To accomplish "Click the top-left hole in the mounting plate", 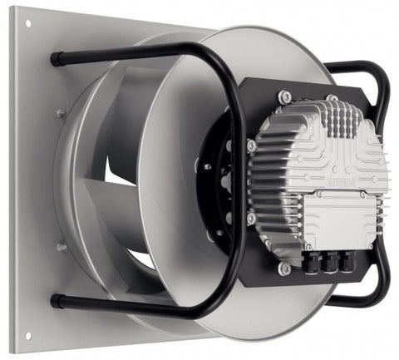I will [x=27, y=22].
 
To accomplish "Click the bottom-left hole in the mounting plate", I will [x=27, y=336].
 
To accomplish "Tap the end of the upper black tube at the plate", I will [x=56, y=60].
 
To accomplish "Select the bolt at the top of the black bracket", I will [x=286, y=97].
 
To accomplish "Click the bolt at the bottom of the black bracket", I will [x=285, y=268].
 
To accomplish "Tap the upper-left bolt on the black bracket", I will [x=251, y=146].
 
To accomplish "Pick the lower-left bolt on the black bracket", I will [x=250, y=219].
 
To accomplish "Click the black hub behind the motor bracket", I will [x=218, y=183].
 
